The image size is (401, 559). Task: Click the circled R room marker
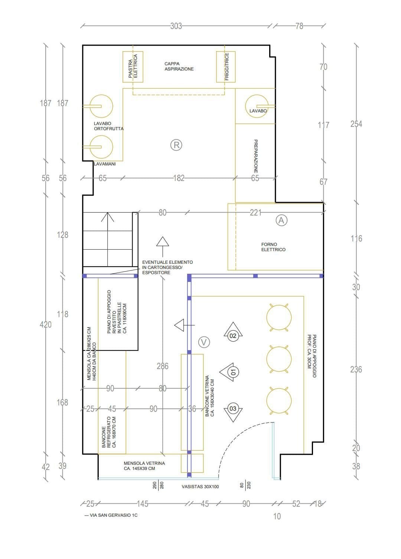[176, 145]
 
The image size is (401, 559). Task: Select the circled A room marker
[281, 220]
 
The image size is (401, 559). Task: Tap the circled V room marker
[204, 342]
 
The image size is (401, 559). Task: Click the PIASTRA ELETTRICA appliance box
[133, 67]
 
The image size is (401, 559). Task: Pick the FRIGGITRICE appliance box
[226, 67]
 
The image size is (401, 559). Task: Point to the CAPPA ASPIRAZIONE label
[179, 66]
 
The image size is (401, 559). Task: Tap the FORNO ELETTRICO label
[273, 247]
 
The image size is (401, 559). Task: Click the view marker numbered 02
[233, 336]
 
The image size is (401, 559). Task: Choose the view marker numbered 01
[233, 372]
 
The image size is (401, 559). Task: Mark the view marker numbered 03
[233, 409]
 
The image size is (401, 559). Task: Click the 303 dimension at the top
[176, 26]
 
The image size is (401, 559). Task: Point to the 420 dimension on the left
[45, 325]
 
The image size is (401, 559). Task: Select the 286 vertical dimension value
[163, 366]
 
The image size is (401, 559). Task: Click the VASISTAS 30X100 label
[200, 487]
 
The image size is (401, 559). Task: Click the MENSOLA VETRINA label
[144, 466]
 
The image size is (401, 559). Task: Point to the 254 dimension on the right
[356, 124]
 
